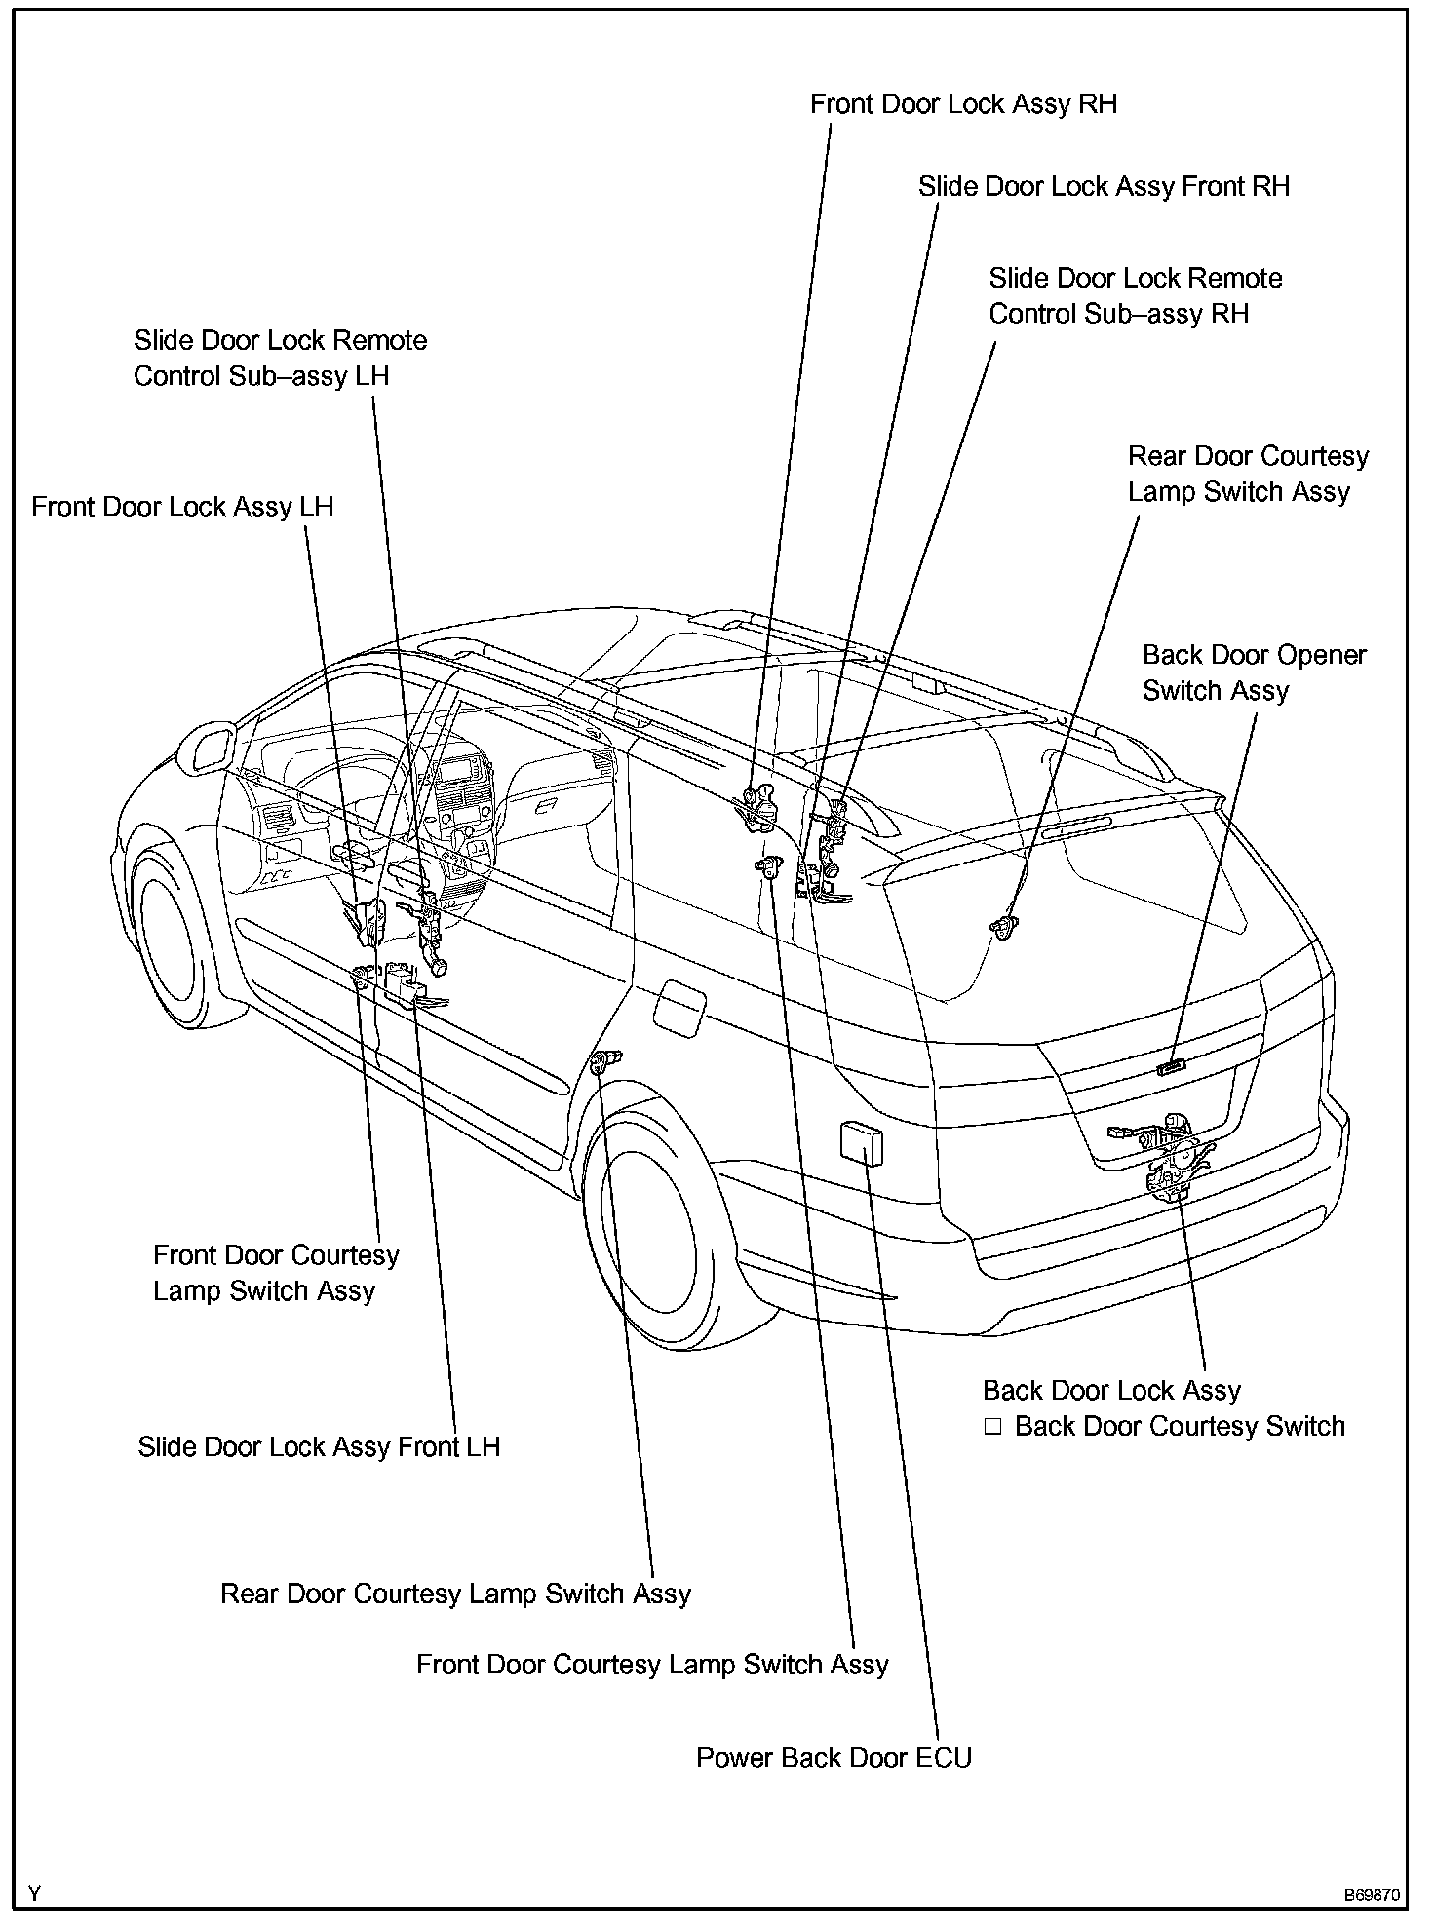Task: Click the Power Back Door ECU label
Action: [x=834, y=1758]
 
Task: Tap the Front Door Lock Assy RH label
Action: [x=963, y=104]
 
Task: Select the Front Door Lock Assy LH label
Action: [x=182, y=507]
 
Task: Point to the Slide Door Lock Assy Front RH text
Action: [x=1104, y=186]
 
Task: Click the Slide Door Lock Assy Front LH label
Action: [x=319, y=1446]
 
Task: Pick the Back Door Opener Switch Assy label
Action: [x=1254, y=672]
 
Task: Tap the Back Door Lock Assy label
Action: [x=1111, y=1391]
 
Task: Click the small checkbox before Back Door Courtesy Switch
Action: [x=992, y=1427]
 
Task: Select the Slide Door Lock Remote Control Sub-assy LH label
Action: [x=280, y=358]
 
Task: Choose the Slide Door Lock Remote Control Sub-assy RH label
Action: [x=1135, y=295]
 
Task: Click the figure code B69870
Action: [x=1372, y=1895]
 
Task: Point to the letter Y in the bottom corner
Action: [x=35, y=1895]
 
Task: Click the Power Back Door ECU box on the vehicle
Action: [x=862, y=1141]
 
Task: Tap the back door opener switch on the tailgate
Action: [x=1170, y=1067]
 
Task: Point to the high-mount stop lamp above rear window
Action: [x=1075, y=827]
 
